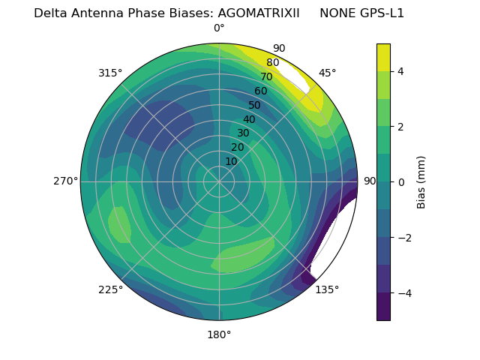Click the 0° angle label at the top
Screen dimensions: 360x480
click(219, 28)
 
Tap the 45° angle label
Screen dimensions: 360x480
click(327, 73)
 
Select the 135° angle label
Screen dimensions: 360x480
click(327, 290)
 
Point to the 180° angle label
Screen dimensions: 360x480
click(219, 334)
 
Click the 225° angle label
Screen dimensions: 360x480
click(110, 290)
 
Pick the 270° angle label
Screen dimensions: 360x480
click(65, 181)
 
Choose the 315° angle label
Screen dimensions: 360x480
click(110, 73)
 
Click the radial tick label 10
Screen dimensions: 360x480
click(231, 162)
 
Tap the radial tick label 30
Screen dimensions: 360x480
click(243, 133)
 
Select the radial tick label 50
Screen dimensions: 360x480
click(255, 106)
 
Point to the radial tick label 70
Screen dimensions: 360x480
click(266, 77)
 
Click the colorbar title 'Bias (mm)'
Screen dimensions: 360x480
click(421, 181)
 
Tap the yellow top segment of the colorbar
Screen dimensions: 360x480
click(383, 57)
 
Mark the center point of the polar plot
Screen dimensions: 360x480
click(219, 181)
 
